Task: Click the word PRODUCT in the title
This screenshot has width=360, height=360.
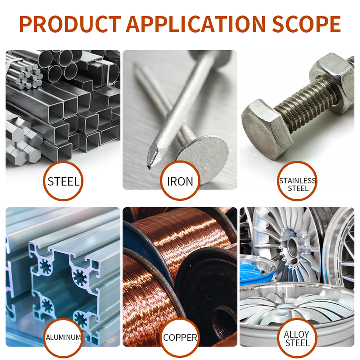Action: click(70, 24)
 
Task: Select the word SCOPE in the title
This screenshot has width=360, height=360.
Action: click(306, 24)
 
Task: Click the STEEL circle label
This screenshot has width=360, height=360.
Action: click(63, 181)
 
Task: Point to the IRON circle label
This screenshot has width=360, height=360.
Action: click(180, 181)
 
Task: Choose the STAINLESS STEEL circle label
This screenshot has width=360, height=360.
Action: click(297, 181)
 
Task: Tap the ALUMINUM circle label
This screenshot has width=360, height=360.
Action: click(63, 338)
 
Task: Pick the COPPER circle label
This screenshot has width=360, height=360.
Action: click(180, 338)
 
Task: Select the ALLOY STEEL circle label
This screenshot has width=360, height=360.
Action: click(297, 338)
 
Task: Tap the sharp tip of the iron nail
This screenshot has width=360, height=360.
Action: click(149, 167)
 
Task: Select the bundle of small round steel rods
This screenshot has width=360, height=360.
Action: click(29, 76)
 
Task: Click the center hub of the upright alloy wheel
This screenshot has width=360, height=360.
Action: click(293, 247)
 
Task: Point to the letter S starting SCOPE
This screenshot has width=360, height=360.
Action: click(278, 24)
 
